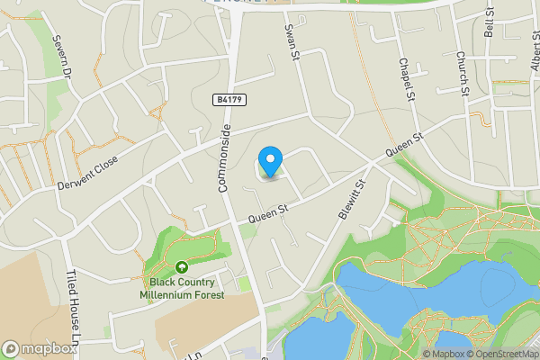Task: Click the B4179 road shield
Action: tap(229, 99)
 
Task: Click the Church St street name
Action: tap(461, 72)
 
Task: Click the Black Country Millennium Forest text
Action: tap(182, 287)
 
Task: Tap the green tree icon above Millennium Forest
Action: tap(182, 266)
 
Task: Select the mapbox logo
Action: tap(40, 348)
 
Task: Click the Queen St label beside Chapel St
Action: tap(404, 148)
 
